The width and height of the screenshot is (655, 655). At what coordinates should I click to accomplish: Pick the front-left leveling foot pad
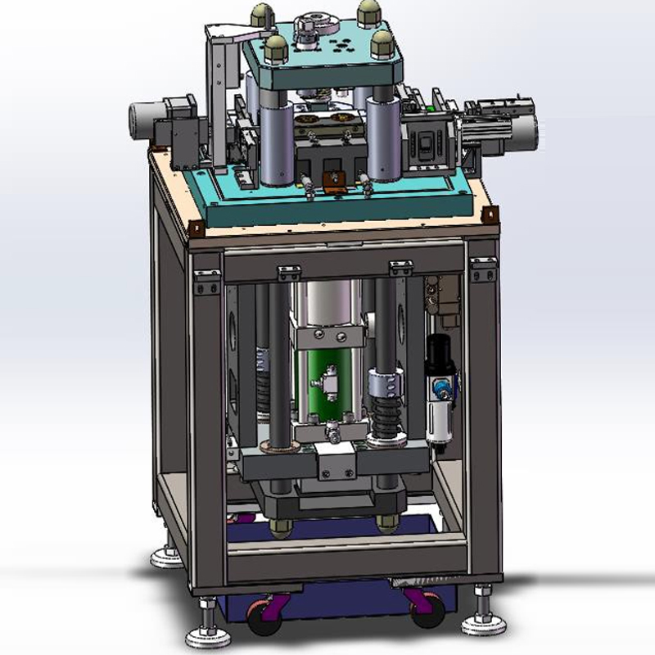(x=206, y=635)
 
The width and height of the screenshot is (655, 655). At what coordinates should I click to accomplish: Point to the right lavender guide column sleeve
(x=383, y=137)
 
